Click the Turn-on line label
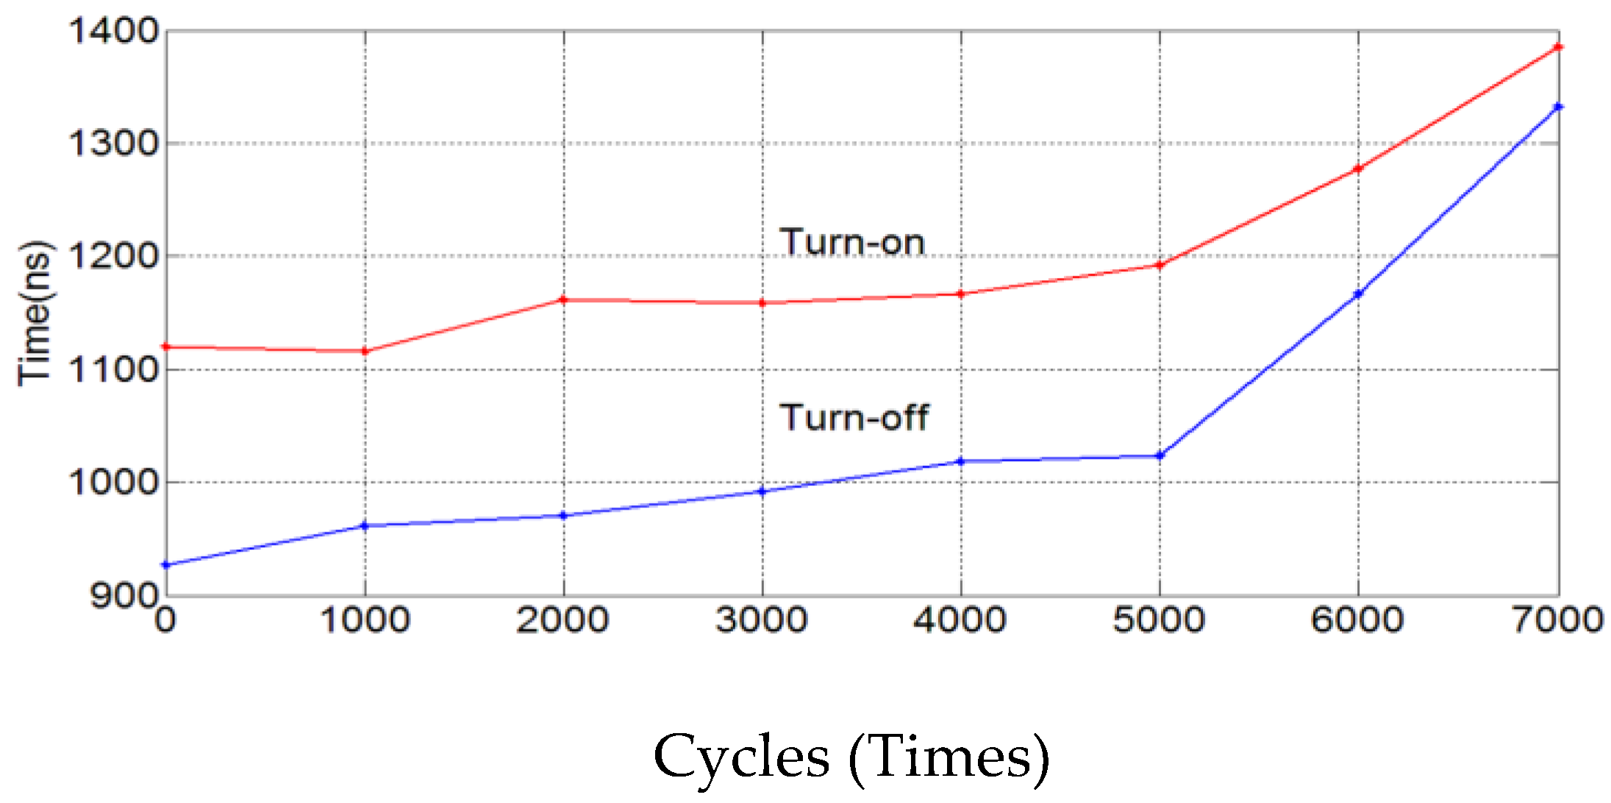851,242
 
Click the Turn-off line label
854,417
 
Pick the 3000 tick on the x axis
762,619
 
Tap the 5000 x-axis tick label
1159,619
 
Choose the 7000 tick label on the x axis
1557,619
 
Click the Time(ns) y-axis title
35,313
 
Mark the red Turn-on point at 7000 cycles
1557,47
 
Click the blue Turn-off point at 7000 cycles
1557,107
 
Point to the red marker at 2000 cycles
564,299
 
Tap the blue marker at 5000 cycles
1160,456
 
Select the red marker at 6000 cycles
1358,168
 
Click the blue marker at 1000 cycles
365,526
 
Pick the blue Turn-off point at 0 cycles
166,565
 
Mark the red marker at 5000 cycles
1160,265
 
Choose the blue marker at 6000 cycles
1358,294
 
